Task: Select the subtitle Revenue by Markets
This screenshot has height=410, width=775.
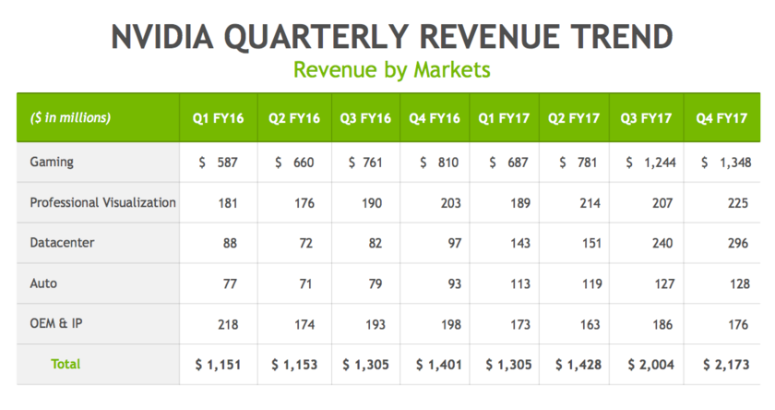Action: [x=391, y=69]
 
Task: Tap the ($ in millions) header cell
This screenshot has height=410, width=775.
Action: [x=70, y=117]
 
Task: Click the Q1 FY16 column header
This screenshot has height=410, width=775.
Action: [x=218, y=118]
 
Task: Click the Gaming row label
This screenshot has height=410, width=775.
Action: [x=52, y=162]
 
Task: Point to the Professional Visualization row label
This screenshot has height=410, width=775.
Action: [x=102, y=202]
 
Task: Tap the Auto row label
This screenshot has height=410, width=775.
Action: [x=42, y=283]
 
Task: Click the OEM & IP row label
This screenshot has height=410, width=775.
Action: [x=56, y=324]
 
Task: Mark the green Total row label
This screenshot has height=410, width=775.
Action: [x=65, y=364]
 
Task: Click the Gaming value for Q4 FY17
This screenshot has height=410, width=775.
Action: [x=723, y=163]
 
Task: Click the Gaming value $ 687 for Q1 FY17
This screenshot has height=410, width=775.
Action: [x=505, y=163]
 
